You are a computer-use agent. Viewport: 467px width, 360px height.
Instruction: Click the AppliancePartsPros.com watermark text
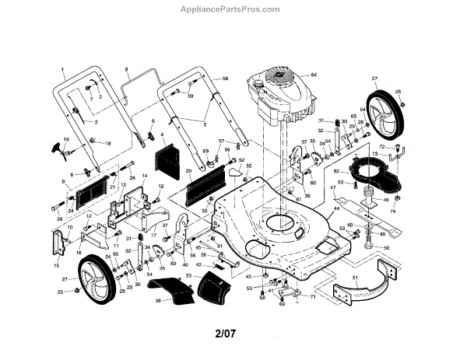click(233, 9)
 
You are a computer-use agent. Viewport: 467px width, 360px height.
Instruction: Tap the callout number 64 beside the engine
click(315, 74)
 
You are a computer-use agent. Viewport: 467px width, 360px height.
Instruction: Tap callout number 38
click(158, 300)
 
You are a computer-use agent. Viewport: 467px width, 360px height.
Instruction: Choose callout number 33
click(188, 275)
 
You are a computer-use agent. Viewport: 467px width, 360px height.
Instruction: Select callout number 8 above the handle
click(126, 70)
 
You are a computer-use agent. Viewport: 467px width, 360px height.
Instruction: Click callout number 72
click(382, 146)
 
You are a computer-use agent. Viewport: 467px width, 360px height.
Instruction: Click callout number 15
click(57, 265)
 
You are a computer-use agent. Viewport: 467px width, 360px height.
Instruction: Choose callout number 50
click(387, 247)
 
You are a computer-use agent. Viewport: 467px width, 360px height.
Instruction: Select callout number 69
click(206, 149)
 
